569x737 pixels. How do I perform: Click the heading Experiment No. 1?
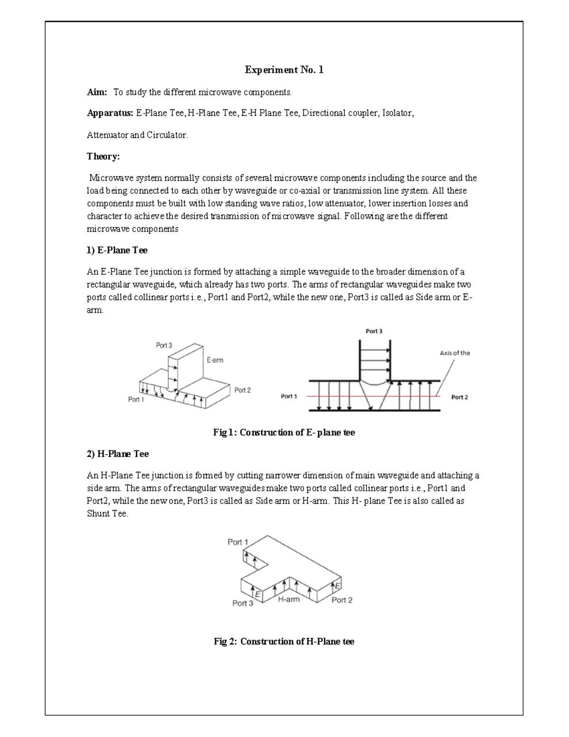(x=284, y=70)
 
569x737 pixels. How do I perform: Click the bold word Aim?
(x=97, y=92)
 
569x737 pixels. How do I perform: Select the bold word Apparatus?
(x=110, y=113)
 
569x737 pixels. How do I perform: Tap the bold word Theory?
(x=103, y=157)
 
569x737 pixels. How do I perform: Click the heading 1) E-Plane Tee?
(x=117, y=250)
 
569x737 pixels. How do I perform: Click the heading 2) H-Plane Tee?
(x=118, y=454)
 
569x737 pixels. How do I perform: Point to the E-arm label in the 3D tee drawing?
(x=215, y=360)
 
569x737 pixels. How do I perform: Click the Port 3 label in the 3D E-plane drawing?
(x=164, y=345)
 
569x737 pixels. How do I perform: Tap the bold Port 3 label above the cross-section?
(x=374, y=331)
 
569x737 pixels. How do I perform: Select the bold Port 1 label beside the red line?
(x=289, y=396)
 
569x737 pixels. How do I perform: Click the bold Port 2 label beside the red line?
(x=459, y=397)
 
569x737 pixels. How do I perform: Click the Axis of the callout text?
(x=454, y=353)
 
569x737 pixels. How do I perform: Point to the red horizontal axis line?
(x=332, y=396)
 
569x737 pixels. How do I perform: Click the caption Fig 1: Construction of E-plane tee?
(x=284, y=433)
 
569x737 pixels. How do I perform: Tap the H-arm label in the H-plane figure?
(x=288, y=599)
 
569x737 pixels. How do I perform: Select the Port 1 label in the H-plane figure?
(x=238, y=542)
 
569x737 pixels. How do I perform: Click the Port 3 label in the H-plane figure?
(x=242, y=603)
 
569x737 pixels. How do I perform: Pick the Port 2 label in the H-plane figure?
(x=342, y=600)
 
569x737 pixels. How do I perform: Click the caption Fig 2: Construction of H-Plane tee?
(x=284, y=642)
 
